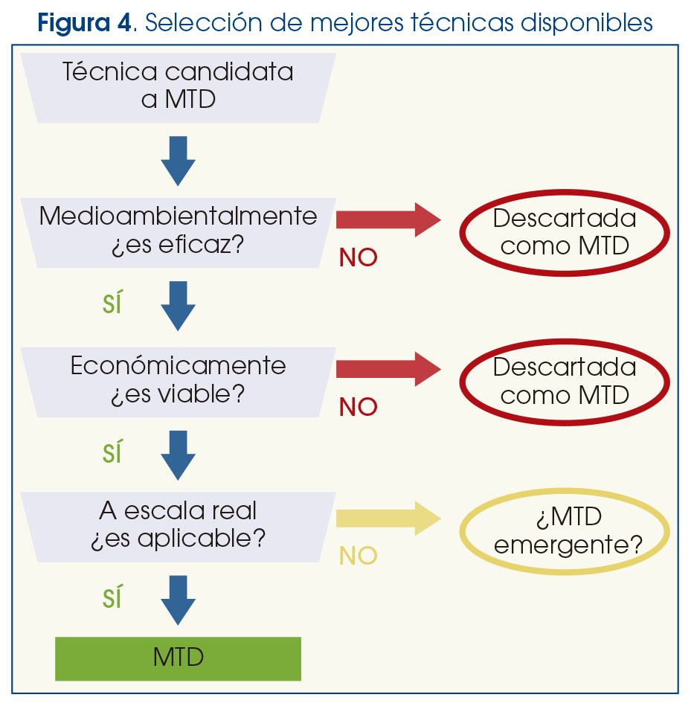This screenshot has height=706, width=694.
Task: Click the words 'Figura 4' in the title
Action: (84, 22)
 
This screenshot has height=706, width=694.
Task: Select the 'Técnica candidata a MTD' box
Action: (179, 88)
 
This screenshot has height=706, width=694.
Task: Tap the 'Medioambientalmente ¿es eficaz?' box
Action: (179, 233)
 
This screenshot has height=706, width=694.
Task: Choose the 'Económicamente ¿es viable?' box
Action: (179, 382)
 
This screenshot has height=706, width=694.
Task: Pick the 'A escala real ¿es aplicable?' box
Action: (179, 527)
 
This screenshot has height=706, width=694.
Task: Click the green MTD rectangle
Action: (179, 658)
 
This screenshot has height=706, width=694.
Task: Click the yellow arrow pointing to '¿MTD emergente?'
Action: (388, 519)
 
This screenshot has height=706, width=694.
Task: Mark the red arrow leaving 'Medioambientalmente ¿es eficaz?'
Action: (388, 219)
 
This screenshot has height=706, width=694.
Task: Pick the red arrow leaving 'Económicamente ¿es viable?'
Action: (388, 369)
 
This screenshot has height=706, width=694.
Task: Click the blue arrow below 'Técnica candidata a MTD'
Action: (179, 161)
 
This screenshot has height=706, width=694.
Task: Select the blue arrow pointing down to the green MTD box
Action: (179, 600)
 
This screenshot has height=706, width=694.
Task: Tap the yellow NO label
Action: (359, 556)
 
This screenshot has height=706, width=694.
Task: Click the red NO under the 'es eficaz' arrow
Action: (359, 257)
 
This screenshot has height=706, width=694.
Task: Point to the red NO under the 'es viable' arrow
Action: (359, 407)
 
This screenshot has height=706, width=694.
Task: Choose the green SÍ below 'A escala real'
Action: (112, 597)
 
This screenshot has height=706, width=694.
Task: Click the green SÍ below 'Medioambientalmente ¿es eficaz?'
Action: (112, 302)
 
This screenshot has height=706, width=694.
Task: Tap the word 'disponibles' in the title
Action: (586, 22)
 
